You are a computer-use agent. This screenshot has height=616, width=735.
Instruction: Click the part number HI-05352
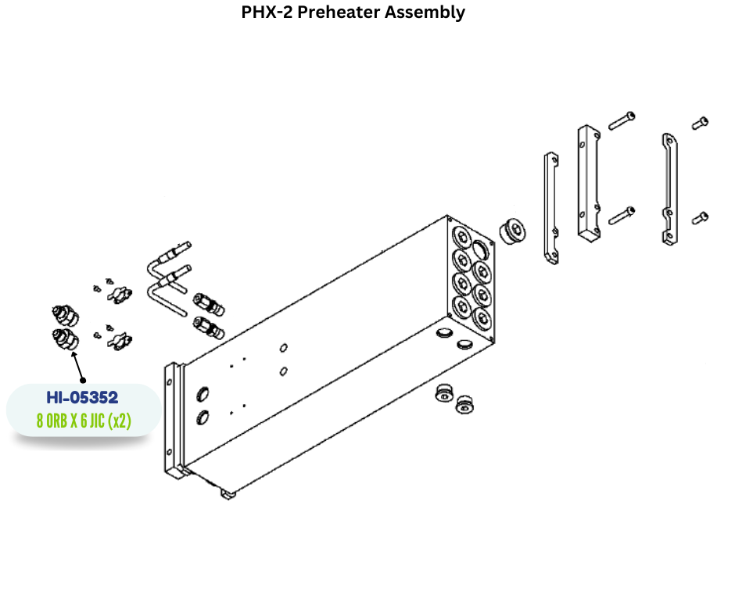tap(82, 398)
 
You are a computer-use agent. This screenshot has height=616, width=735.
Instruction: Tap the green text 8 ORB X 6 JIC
tap(70, 421)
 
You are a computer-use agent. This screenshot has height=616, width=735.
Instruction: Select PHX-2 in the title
tap(267, 13)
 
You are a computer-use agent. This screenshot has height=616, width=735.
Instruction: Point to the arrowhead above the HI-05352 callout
tap(73, 354)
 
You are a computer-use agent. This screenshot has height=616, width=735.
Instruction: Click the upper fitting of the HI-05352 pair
tap(65, 315)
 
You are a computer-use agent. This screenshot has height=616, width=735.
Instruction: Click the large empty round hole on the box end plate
tap(480, 249)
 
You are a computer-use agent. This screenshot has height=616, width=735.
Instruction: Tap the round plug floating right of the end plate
tap(511, 230)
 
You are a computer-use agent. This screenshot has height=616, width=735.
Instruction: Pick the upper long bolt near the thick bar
tap(622, 120)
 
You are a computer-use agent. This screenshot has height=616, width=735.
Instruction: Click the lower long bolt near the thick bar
tap(622, 216)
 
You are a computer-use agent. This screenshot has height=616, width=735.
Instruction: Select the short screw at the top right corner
tap(701, 123)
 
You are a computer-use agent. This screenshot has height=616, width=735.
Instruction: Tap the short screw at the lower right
tap(701, 218)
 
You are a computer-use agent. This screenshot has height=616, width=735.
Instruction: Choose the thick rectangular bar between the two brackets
tap(590, 183)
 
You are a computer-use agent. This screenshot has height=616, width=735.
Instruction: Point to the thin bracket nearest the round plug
tap(551, 208)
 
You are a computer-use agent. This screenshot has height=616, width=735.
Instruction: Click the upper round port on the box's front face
tap(203, 394)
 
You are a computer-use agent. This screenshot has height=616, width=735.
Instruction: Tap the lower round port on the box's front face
tap(203, 417)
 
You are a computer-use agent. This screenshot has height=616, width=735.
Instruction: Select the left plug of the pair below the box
tap(444, 393)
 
